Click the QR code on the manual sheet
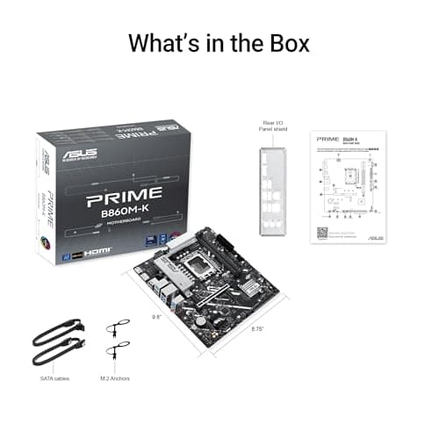322,234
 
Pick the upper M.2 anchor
112,328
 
